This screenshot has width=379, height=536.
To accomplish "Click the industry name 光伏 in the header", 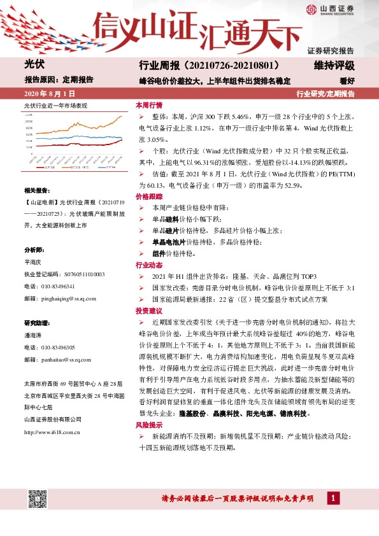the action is [33, 65].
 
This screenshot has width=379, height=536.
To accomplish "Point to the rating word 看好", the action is [347, 81].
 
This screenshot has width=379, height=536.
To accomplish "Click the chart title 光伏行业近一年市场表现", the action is [55, 104].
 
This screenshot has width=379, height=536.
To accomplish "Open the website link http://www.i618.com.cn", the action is [52, 432].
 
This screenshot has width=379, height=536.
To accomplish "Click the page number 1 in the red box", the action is [333, 498].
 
